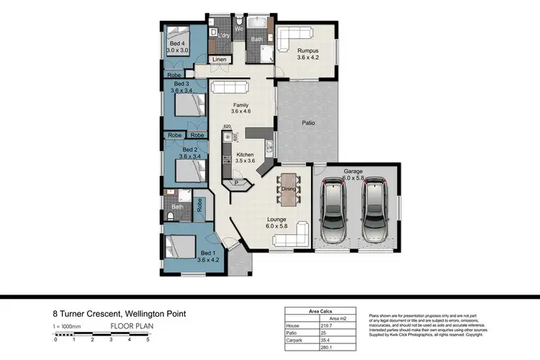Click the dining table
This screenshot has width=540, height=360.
click(x=289, y=189)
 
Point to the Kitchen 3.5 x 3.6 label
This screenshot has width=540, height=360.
click(x=246, y=158)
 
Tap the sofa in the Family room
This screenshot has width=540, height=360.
click(x=229, y=88)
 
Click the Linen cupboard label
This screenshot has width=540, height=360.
click(x=220, y=60)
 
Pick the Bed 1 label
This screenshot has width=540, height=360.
click(x=207, y=256)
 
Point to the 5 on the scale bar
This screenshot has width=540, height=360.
click(x=148, y=339)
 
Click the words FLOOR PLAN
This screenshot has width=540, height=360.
click(x=132, y=325)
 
